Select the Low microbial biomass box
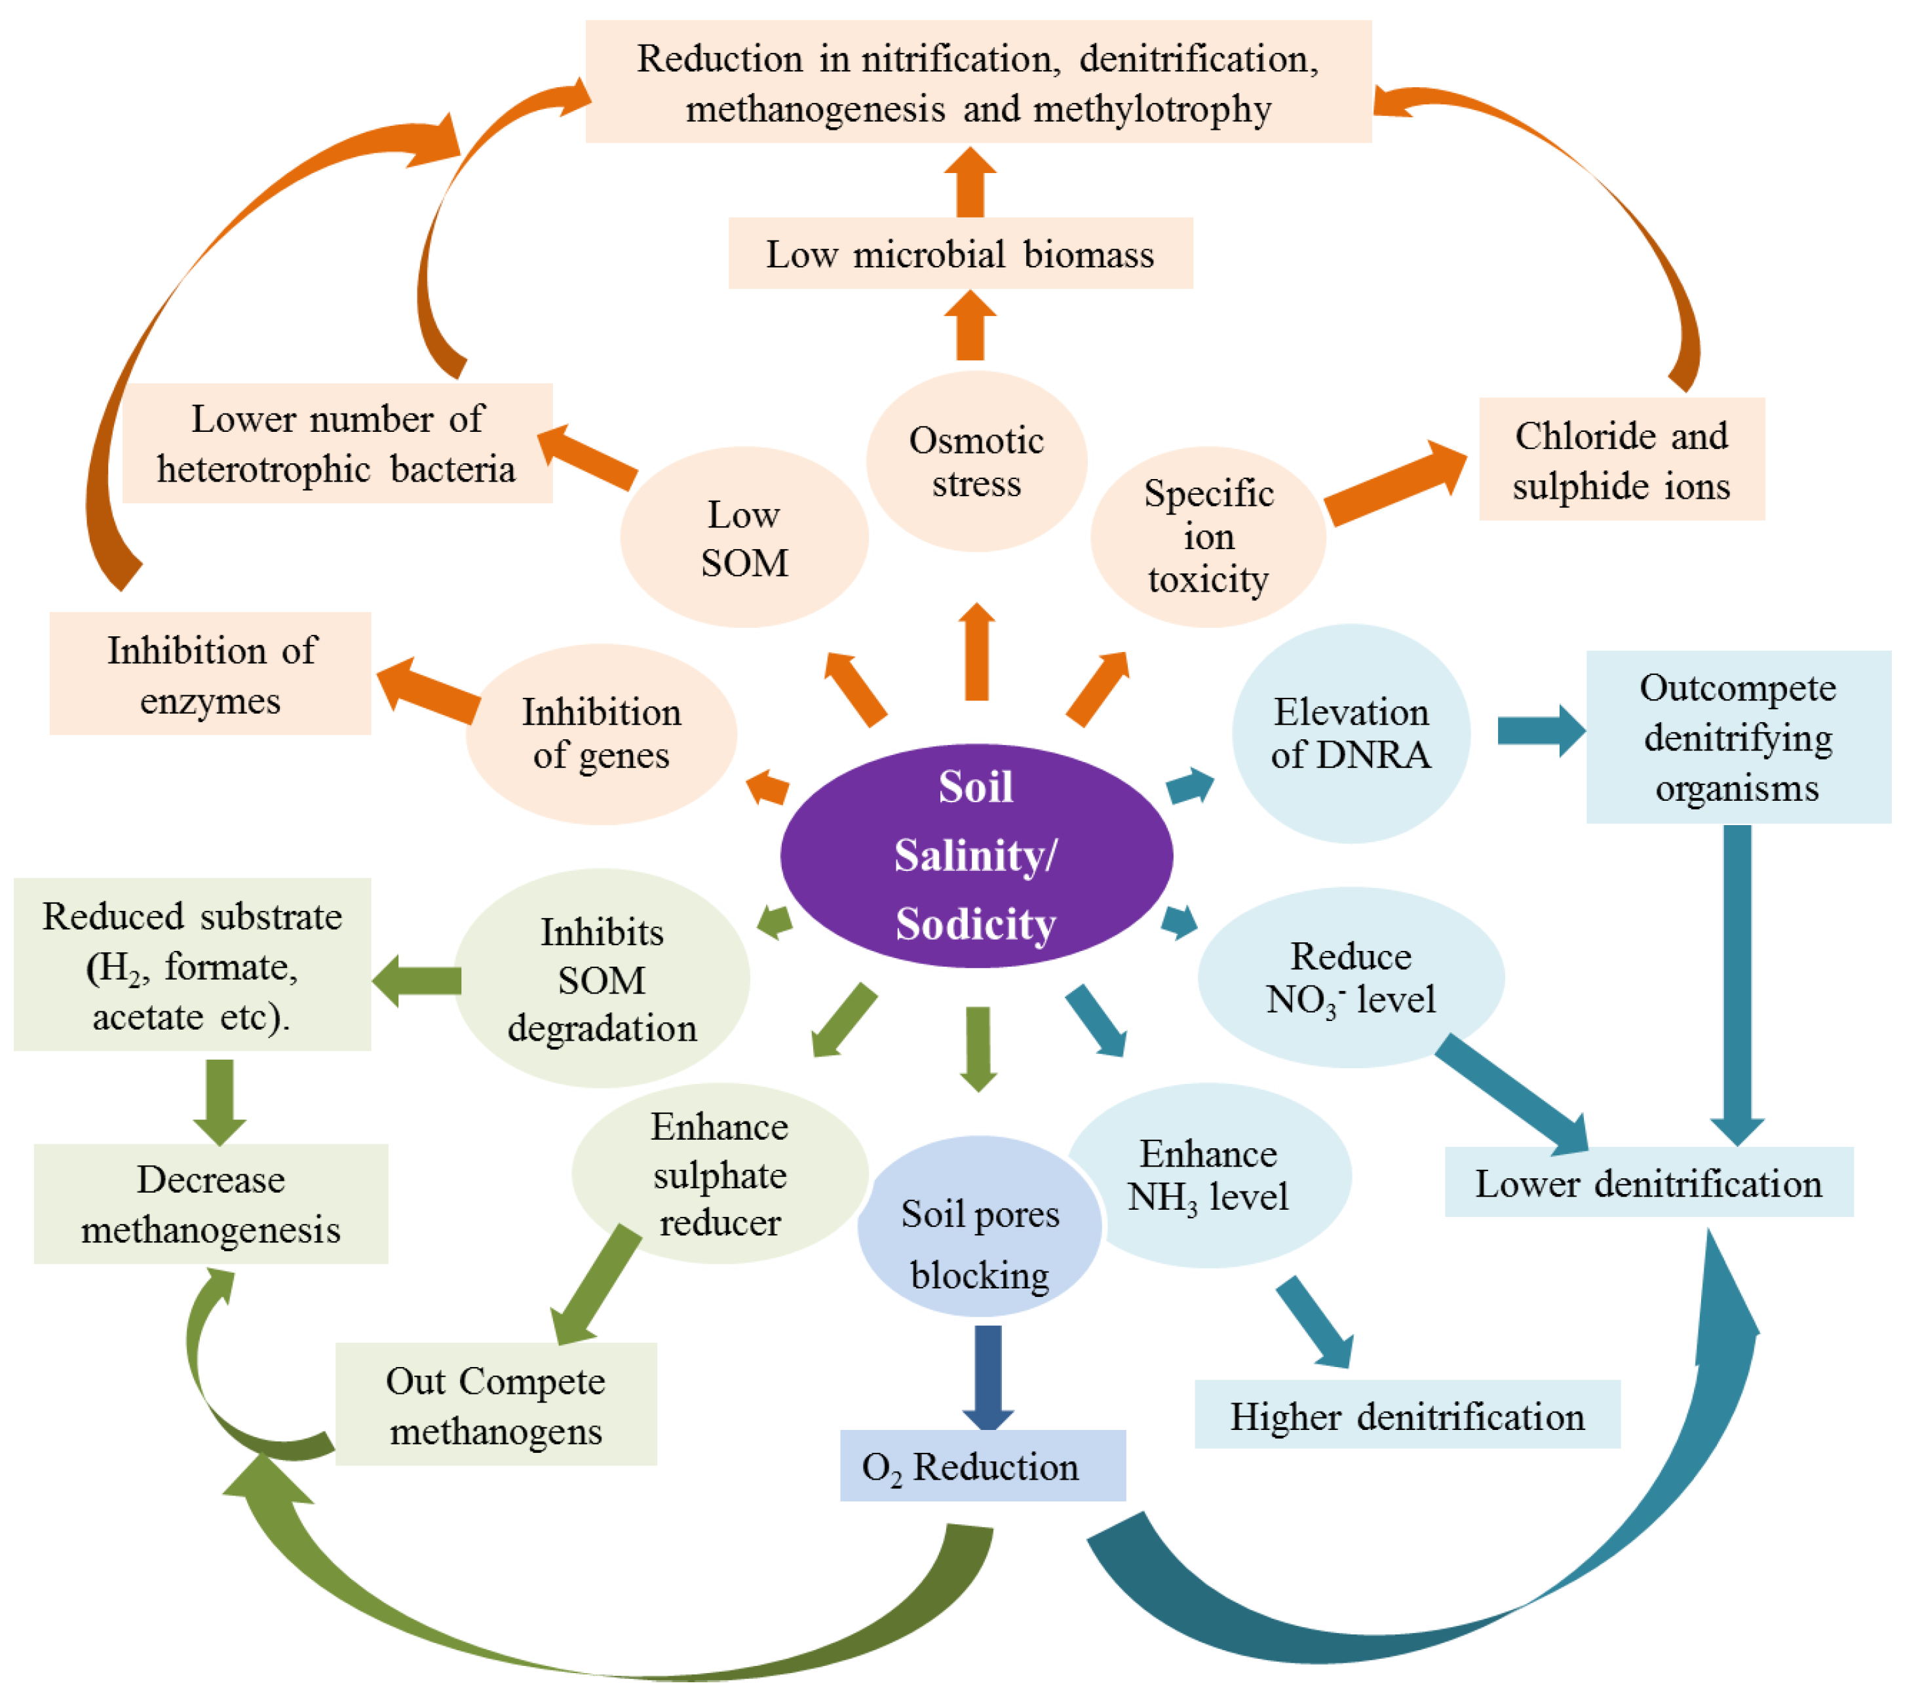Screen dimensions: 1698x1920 (960, 254)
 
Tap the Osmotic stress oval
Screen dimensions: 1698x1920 (976, 461)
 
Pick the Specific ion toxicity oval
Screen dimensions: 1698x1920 (1208, 536)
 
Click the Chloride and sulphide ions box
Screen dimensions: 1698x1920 (1621, 459)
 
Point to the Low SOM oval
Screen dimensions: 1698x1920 (744, 537)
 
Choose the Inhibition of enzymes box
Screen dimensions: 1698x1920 (210, 674)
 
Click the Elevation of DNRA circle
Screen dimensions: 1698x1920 (1351, 733)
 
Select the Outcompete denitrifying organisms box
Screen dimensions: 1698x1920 (1738, 737)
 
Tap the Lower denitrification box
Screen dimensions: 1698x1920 (1649, 1182)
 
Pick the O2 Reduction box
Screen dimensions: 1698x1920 (982, 1465)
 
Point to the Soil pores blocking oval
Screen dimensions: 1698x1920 (980, 1227)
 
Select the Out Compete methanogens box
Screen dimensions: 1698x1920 (496, 1404)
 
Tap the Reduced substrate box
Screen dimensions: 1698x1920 (193, 965)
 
